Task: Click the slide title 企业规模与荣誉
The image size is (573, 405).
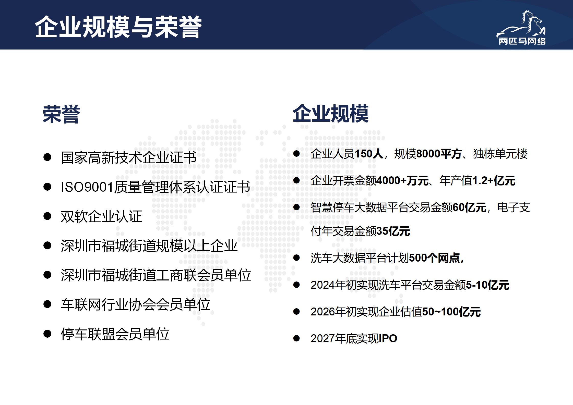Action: coord(118,27)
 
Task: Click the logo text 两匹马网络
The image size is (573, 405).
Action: coord(522,41)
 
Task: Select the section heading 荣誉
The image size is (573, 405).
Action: coord(61,114)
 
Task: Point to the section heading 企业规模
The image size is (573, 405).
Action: coord(331,114)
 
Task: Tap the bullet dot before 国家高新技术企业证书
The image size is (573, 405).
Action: coord(47,157)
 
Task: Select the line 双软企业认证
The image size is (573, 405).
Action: coord(101,216)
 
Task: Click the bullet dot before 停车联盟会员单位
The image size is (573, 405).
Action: coord(47,334)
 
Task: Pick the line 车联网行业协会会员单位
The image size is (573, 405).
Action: coord(136,304)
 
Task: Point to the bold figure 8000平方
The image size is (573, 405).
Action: coord(439,154)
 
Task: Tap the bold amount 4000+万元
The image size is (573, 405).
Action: coord(403,181)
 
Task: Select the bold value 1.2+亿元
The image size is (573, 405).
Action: coord(494,181)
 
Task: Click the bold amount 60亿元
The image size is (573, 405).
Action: coord(469,207)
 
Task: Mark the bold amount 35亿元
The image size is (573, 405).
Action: coord(393,231)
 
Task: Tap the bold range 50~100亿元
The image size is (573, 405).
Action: coord(452,312)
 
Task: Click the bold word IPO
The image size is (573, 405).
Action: coord(388,339)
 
